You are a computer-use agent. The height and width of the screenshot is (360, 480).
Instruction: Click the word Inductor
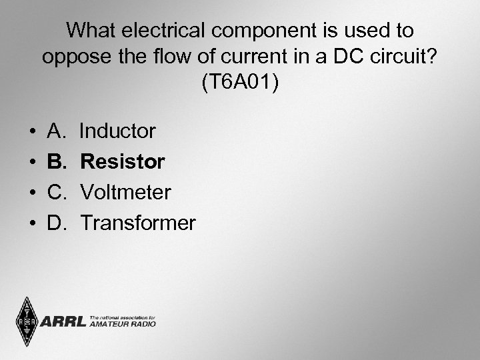pyautogui.click(x=117, y=131)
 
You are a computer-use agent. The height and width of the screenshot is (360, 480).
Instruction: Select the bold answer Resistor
pyautogui.click(x=123, y=162)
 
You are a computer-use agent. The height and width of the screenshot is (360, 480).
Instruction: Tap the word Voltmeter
pyautogui.click(x=126, y=193)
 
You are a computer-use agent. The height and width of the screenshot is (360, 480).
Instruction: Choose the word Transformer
pyautogui.click(x=138, y=223)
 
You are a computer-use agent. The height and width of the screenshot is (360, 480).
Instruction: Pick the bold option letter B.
pyautogui.click(x=56, y=162)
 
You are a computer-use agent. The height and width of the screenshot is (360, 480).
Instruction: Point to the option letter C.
pyautogui.click(x=56, y=193)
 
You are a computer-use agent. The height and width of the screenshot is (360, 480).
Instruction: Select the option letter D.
pyautogui.click(x=56, y=223)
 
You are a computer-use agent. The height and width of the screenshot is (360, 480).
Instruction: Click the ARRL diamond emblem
pyautogui.click(x=27, y=322)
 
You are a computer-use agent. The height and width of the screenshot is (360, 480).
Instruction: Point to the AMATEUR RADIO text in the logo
pyautogui.click(x=122, y=325)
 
